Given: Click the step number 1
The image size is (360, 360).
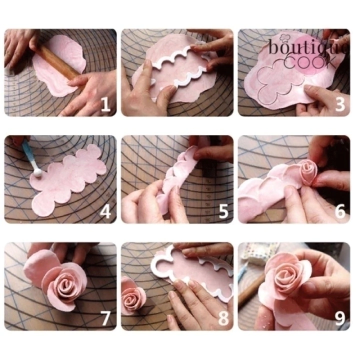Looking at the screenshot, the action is [105, 104].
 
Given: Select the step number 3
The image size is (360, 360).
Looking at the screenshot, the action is [340, 104].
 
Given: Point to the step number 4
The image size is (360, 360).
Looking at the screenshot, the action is [105, 211].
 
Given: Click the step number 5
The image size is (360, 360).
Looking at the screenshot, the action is [223, 211].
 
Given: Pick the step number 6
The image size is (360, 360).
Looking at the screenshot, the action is [340, 211].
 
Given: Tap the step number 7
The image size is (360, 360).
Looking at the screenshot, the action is [105, 318].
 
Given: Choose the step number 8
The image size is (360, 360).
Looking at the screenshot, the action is [223, 318].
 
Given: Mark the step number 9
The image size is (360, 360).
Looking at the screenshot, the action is [340, 318].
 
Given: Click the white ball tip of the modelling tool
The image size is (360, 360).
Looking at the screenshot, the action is [37, 173].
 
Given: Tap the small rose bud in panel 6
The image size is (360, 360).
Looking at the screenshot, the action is [307, 171].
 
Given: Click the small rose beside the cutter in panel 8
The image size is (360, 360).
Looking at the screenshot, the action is [132, 295].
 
